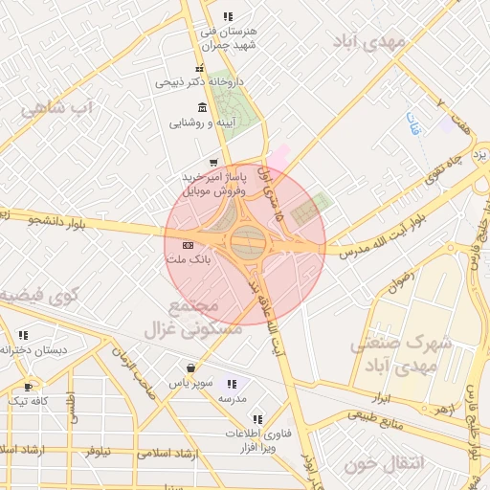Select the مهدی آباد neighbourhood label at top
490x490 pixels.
[369, 41]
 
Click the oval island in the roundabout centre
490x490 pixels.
[248, 240]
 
